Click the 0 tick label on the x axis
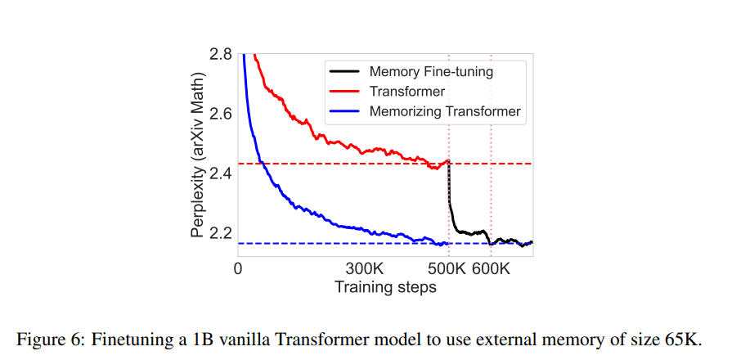(x=238, y=269)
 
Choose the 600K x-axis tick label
(x=492, y=269)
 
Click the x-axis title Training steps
(x=385, y=287)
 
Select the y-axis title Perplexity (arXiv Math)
(x=197, y=155)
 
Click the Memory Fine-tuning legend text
(x=431, y=71)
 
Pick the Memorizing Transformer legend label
(x=445, y=111)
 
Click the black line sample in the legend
(x=344, y=71)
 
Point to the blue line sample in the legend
(x=344, y=111)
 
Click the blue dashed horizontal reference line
(x=327, y=243)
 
